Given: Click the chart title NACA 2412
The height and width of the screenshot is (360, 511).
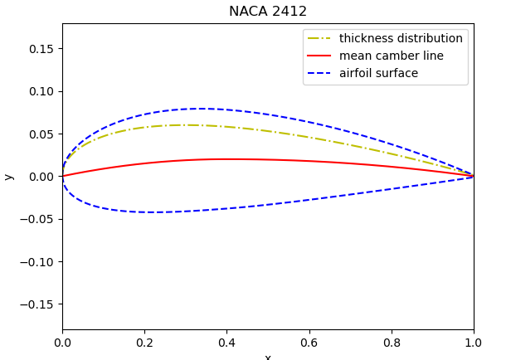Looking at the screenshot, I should [x=268, y=12].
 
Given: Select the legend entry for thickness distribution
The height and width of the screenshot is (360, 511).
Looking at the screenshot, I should [x=401, y=39].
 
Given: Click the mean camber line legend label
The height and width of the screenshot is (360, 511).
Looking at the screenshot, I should [x=391, y=56].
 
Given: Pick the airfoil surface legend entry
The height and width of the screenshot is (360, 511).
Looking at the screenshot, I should [x=378, y=74].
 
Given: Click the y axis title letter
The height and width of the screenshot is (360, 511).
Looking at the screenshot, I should [x=9, y=177].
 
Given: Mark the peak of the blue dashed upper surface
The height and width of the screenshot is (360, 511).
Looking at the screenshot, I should [x=199, y=109].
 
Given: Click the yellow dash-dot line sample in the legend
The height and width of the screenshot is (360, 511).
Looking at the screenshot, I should [x=320, y=39].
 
